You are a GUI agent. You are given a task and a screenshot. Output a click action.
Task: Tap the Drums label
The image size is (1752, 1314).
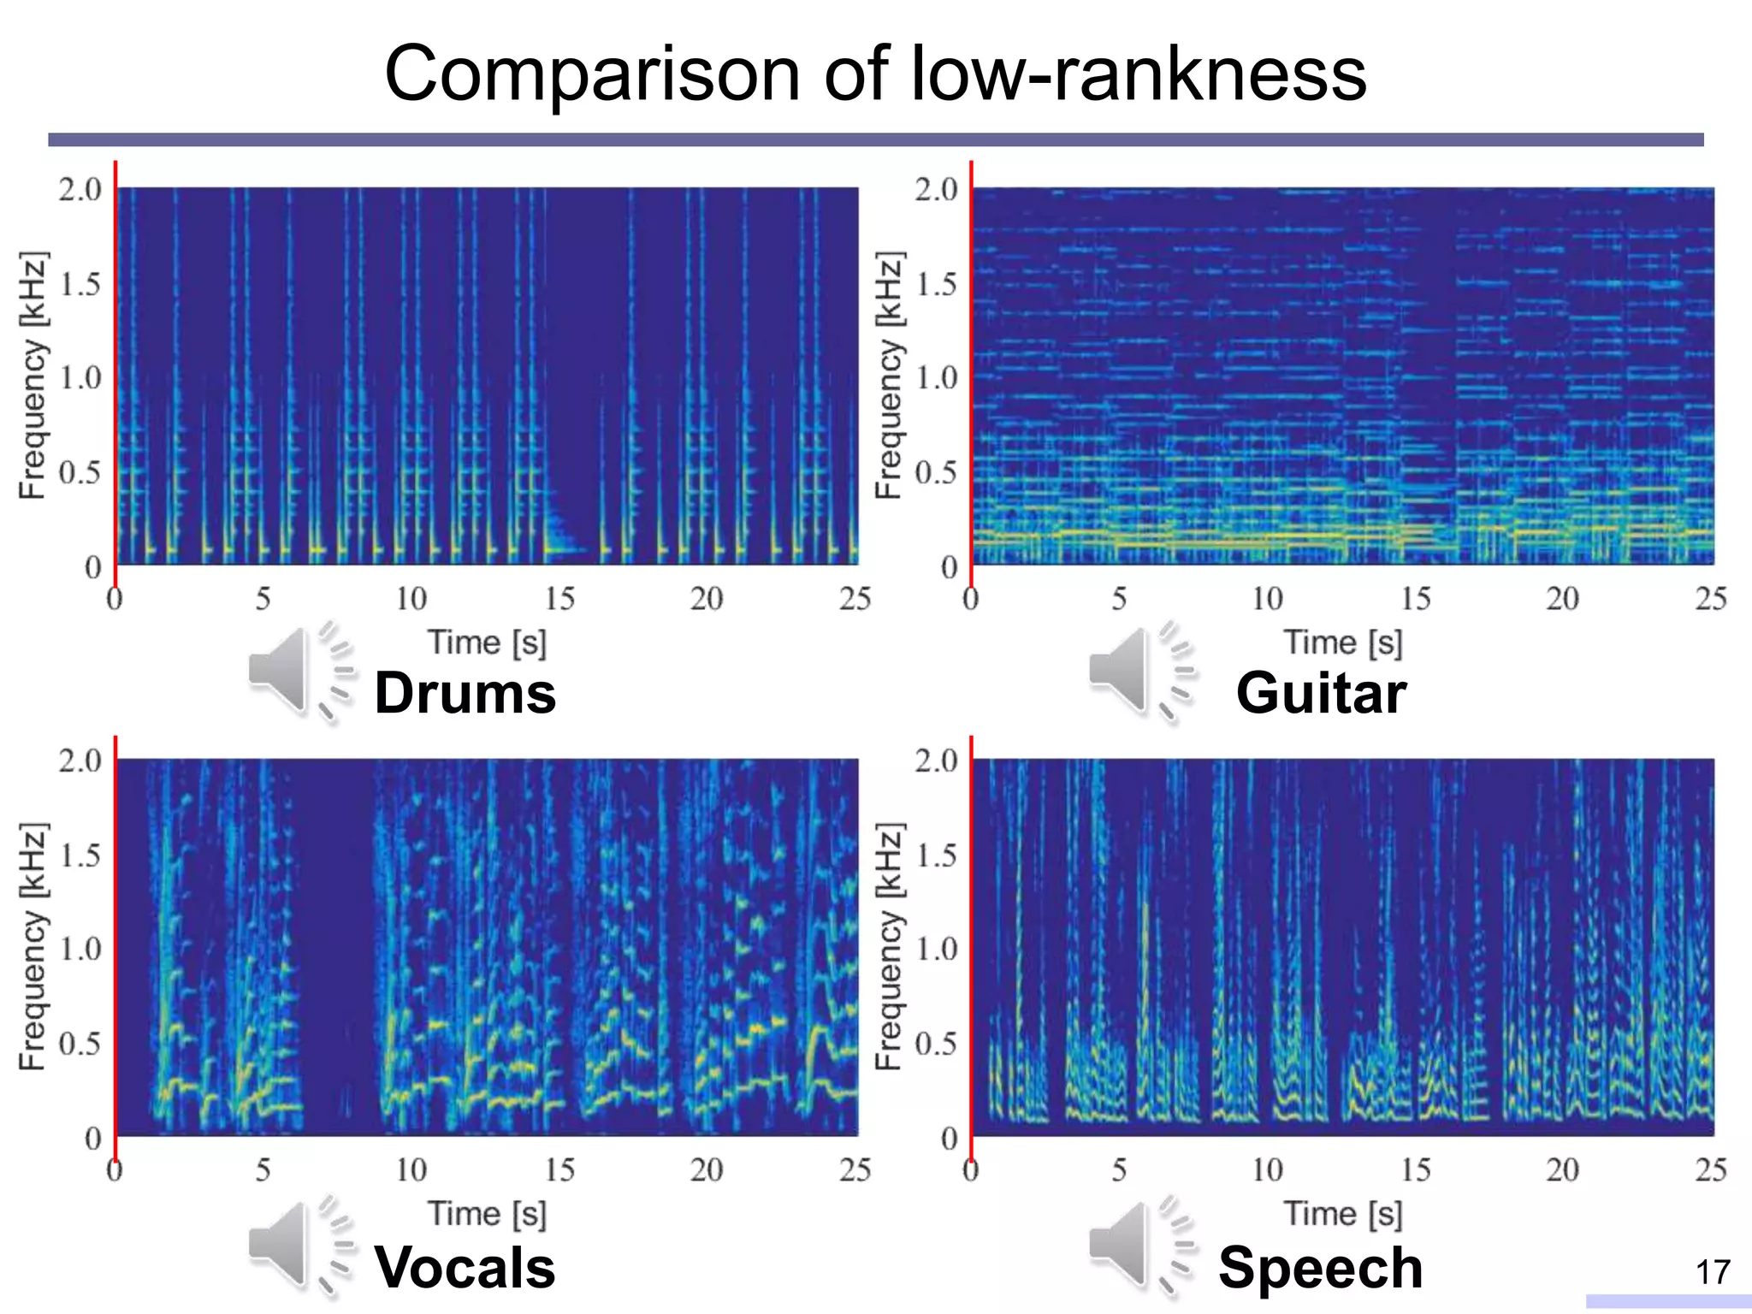tap(465, 692)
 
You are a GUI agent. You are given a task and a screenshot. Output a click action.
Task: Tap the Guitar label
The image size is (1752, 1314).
tap(1321, 692)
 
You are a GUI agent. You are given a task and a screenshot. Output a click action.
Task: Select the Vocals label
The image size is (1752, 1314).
tap(465, 1267)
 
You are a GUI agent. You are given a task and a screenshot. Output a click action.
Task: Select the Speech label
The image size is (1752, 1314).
tap(1321, 1267)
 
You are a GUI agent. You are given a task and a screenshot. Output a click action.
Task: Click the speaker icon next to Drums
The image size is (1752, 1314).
tap(295, 672)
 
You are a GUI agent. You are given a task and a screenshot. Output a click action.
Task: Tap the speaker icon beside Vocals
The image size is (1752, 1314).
tap(295, 1245)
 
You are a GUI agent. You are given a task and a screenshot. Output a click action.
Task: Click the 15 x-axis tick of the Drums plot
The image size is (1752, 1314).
tap(559, 599)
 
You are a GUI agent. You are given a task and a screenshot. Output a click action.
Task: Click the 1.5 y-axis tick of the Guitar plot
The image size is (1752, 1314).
tap(936, 284)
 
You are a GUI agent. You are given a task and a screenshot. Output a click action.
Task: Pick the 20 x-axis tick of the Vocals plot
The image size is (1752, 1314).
tap(707, 1170)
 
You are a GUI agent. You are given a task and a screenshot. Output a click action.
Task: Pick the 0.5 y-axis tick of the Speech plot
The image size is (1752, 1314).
tap(936, 1044)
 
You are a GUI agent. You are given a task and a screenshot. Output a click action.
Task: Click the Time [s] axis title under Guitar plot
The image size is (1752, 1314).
tap(1343, 642)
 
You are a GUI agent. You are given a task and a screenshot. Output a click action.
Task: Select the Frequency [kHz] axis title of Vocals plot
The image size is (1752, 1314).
tap(33, 947)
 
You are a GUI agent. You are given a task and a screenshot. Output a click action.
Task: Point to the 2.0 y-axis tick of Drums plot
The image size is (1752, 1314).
tap(80, 189)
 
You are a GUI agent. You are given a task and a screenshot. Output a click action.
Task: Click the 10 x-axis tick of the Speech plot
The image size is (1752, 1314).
tap(1267, 1170)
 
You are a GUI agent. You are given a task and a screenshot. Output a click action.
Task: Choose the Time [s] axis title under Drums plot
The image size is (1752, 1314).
tap(487, 642)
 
